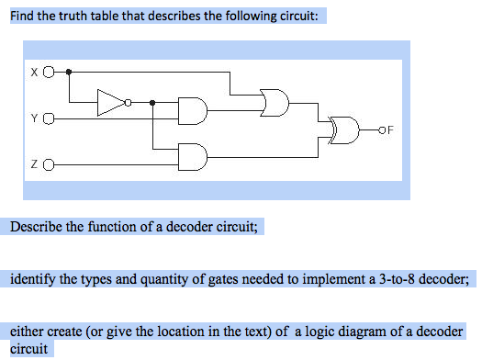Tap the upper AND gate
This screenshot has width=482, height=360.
[x=194, y=110]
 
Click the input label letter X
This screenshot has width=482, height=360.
[x=34, y=71]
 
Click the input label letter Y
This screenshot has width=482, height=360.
[x=34, y=118]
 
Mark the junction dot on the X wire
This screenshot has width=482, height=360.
[x=71, y=71]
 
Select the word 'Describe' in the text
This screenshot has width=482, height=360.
[x=37, y=227]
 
